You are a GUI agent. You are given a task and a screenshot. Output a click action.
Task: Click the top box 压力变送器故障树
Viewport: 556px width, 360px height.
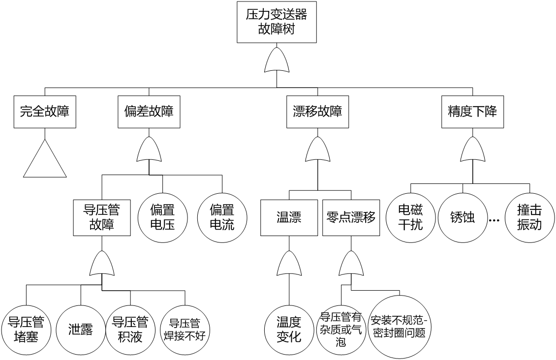[x=277, y=22]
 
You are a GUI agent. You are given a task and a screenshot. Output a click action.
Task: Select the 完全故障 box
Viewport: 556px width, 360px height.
[x=45, y=111]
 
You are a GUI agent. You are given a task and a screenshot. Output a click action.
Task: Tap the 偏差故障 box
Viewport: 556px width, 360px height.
[x=149, y=111]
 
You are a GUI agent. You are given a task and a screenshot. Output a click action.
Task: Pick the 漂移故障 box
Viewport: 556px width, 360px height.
[x=317, y=111]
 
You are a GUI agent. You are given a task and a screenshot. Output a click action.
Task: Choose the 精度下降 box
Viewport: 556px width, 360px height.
[x=472, y=111]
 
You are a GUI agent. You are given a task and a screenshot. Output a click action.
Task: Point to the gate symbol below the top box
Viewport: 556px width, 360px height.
[x=277, y=61]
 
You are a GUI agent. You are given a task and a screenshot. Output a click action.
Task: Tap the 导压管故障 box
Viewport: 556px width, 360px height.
[x=102, y=217]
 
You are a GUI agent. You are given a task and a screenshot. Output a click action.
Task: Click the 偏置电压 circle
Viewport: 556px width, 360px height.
[x=162, y=217]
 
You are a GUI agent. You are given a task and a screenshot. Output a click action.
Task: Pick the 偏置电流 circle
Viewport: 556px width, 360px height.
[x=222, y=217]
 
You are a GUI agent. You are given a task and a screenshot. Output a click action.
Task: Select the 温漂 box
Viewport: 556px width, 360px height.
[x=289, y=217]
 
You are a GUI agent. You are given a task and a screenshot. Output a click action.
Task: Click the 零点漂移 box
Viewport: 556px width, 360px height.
[x=351, y=217]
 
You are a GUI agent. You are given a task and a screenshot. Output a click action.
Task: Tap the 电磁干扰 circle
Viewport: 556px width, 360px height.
[x=410, y=217]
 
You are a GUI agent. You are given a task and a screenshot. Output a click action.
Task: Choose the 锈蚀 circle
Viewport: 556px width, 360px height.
[x=463, y=217]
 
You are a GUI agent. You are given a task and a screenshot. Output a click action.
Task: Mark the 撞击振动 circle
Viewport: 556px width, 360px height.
[x=529, y=217]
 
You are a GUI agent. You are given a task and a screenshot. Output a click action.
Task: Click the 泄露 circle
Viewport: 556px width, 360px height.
[x=81, y=330]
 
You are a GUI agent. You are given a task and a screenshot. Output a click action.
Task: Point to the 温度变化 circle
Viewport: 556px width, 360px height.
[x=289, y=330]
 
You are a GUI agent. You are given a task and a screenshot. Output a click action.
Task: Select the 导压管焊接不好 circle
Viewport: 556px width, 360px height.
[x=185, y=330]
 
